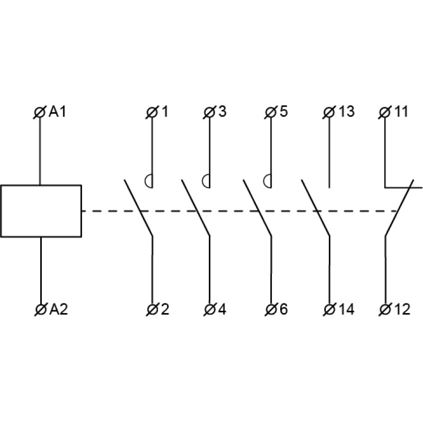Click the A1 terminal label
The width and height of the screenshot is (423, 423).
59,112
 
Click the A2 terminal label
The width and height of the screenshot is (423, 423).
59,310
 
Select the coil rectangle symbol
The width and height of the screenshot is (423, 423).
41,211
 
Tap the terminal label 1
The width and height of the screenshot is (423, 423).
164,112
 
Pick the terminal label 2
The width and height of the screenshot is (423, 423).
164,310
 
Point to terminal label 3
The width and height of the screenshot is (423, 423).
222,112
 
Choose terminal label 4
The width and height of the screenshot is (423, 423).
222,310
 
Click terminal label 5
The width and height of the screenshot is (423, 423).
283,112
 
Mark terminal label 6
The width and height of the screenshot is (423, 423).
283,310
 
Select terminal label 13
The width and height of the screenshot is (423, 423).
346,112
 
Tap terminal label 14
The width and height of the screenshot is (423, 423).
346,310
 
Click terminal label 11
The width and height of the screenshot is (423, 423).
401,112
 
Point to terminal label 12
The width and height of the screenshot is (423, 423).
401,310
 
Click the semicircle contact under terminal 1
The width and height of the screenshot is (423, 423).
149,181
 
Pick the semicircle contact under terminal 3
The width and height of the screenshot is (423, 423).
206,181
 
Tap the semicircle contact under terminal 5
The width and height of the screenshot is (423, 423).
268,181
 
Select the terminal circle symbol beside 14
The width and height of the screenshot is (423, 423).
329,309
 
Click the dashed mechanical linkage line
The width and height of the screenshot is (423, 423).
238,211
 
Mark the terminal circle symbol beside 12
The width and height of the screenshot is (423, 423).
385,309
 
